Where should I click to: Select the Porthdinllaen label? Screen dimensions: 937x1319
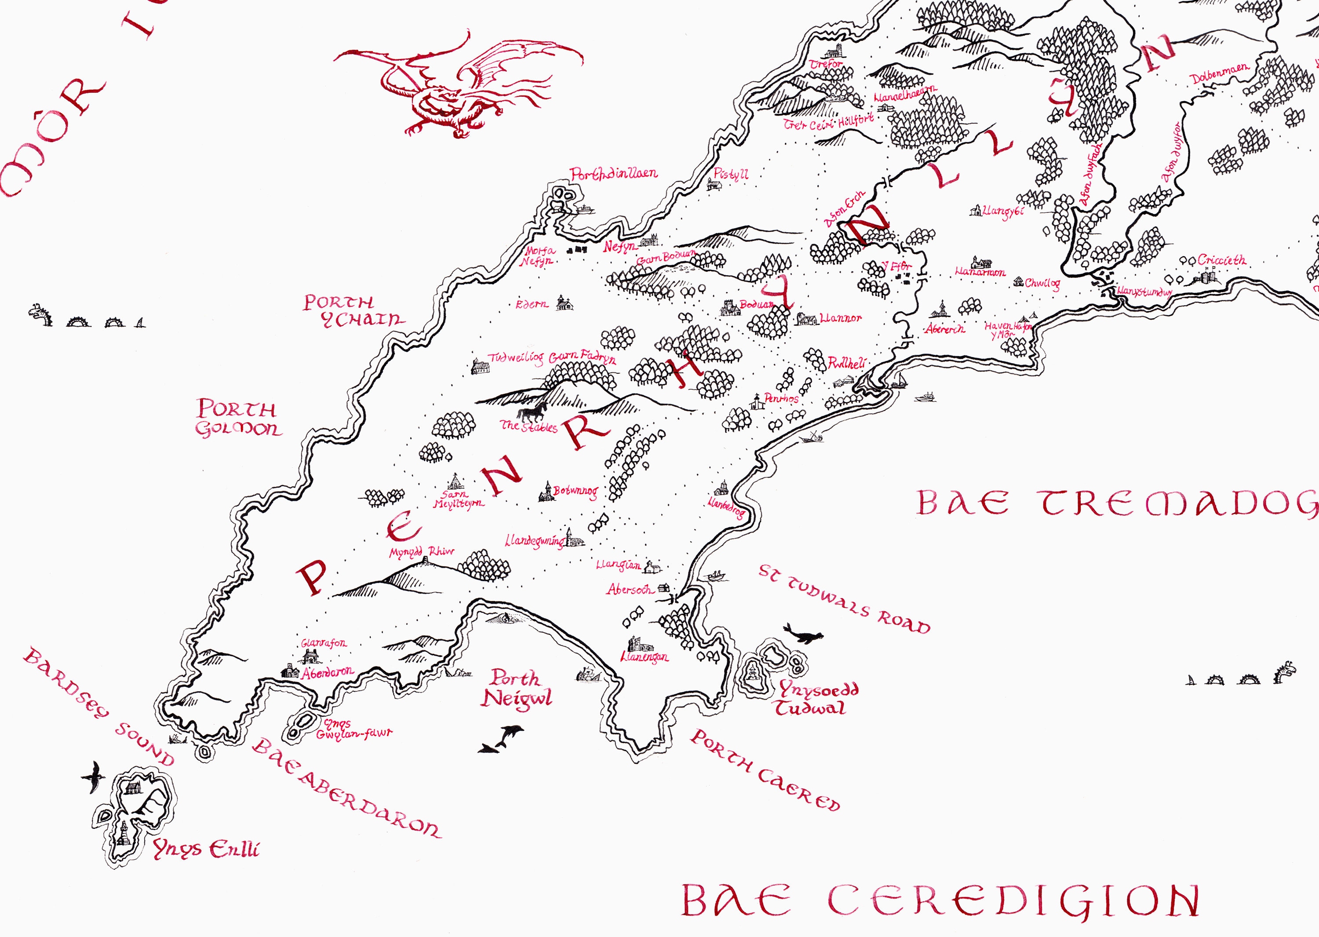tap(613, 173)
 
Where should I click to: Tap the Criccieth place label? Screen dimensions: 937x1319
tap(1221, 260)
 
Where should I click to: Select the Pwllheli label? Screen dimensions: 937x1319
tap(846, 363)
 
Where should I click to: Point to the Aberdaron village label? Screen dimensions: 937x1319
tap(327, 672)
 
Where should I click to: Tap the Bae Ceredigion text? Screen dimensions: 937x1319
tap(939, 900)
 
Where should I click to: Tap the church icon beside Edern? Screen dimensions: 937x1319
tap(564, 303)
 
